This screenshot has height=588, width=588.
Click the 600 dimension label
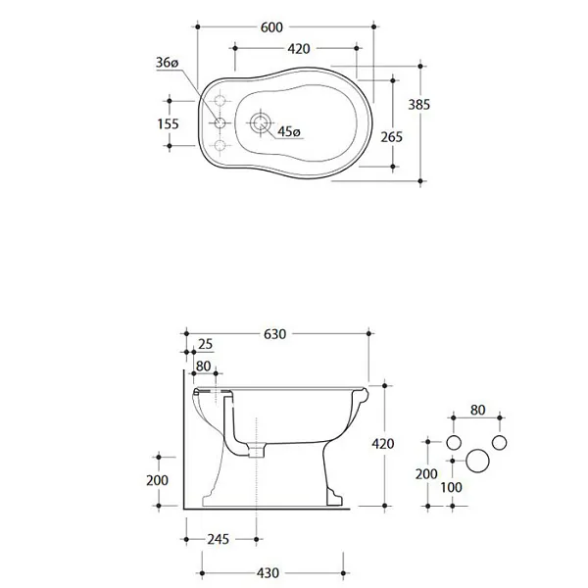click(271, 27)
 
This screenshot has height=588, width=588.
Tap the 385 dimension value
click(418, 104)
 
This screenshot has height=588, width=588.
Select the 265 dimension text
click(391, 137)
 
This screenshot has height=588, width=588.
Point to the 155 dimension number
click(168, 123)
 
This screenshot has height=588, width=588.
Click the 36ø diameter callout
click(167, 63)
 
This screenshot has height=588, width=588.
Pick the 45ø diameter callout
click(289, 131)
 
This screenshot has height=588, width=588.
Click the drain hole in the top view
click(261, 122)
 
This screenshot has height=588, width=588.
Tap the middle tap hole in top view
click(220, 122)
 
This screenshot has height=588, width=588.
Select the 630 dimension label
click(274, 334)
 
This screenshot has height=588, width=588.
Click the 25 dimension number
click(206, 344)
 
